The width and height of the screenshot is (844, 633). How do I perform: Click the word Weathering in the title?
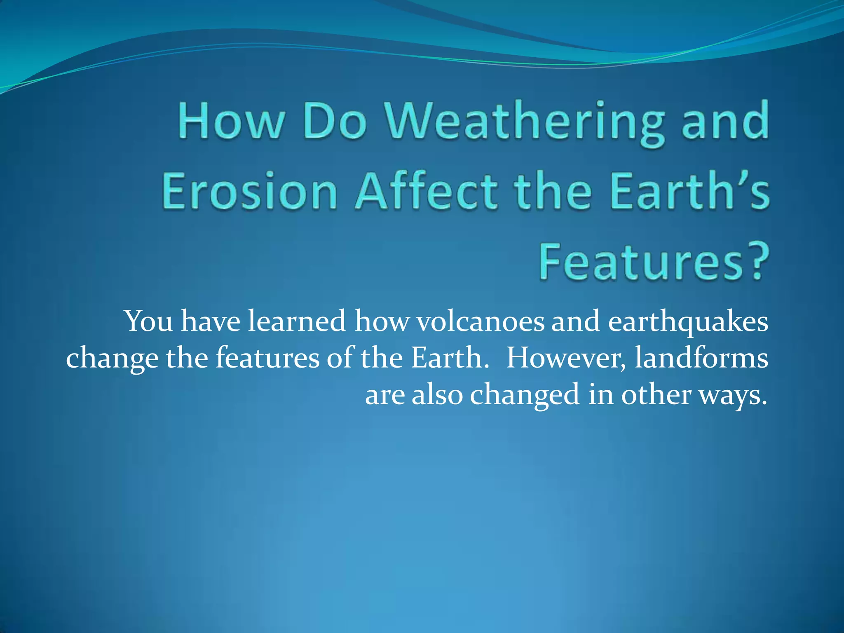click(525, 122)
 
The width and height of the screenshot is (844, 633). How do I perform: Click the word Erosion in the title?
click(249, 192)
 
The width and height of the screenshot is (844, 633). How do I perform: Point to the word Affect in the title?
click(427, 192)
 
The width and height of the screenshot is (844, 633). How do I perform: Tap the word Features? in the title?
click(654, 262)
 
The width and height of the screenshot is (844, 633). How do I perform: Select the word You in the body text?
click(148, 321)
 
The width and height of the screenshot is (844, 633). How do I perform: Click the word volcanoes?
click(480, 321)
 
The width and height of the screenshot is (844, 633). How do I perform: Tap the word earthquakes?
click(688, 321)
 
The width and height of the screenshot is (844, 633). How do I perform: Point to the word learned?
click(296, 321)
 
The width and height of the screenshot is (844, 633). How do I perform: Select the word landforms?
click(701, 358)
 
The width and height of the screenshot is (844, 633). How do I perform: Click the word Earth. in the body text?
click(449, 358)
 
